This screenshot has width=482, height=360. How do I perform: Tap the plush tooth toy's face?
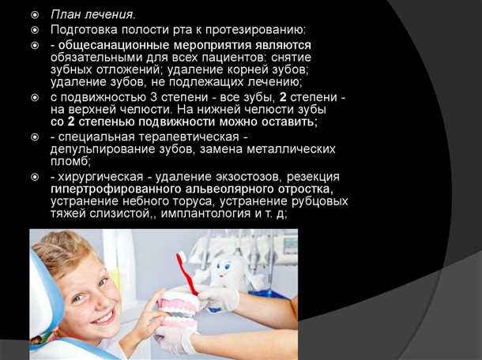click(226, 269)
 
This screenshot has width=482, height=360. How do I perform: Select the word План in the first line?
click(66, 14)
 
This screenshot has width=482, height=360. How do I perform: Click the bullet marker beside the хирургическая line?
click(36, 176)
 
